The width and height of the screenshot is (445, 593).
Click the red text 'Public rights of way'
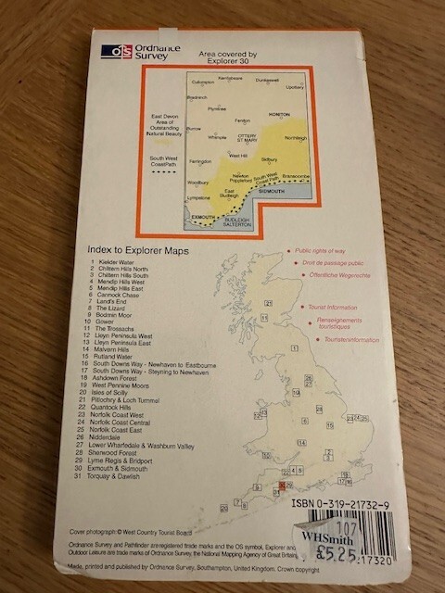[324, 251]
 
